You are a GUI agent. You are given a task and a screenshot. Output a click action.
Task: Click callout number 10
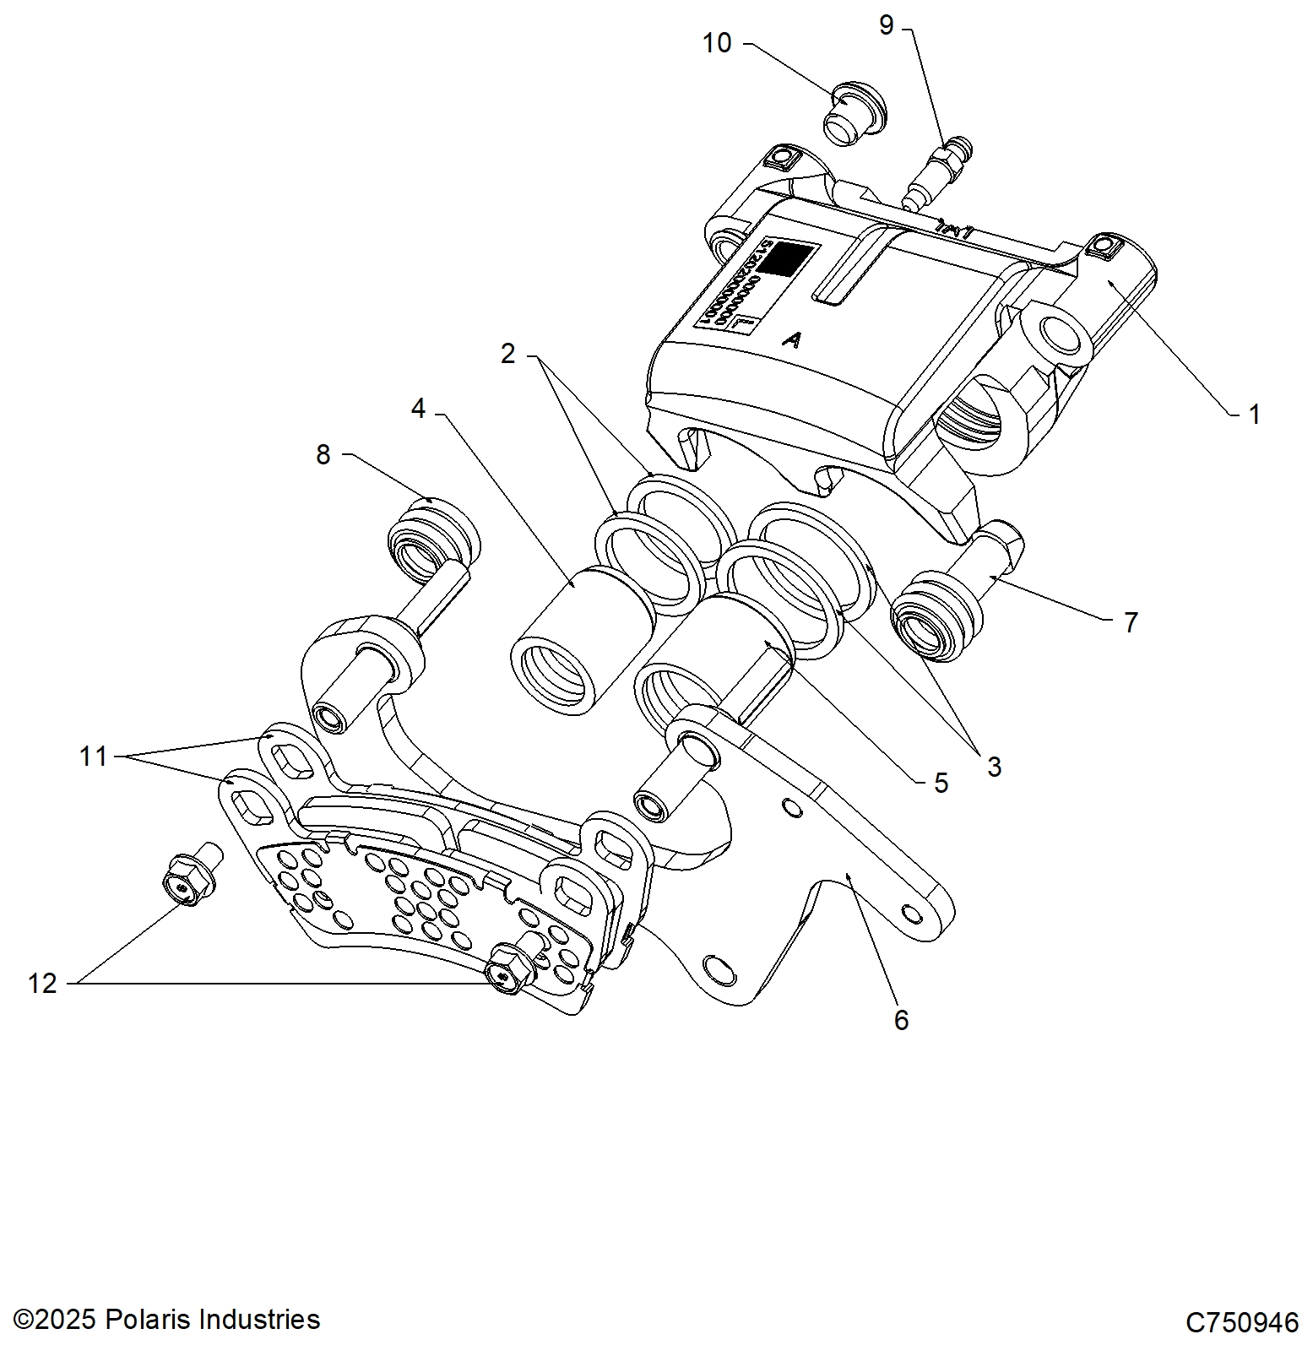tap(717, 43)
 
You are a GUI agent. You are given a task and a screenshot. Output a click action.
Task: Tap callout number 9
tap(886, 25)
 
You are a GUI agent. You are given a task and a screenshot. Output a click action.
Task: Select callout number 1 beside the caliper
tap(1254, 415)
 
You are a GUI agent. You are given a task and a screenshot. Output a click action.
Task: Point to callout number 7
tap(1131, 622)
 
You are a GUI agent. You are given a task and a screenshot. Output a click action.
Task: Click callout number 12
tap(42, 984)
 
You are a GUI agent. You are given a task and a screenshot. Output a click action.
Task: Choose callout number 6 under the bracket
tap(901, 1020)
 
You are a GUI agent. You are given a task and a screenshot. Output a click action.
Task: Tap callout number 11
tap(93, 757)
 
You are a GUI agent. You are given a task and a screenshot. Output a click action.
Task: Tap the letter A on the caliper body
tap(791, 339)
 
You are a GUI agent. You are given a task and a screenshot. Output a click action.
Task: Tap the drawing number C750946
tap(1241, 1322)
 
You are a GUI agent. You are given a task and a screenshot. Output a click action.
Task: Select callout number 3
tap(994, 767)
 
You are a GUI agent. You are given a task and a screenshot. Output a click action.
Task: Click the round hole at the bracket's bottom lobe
tap(719, 968)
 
